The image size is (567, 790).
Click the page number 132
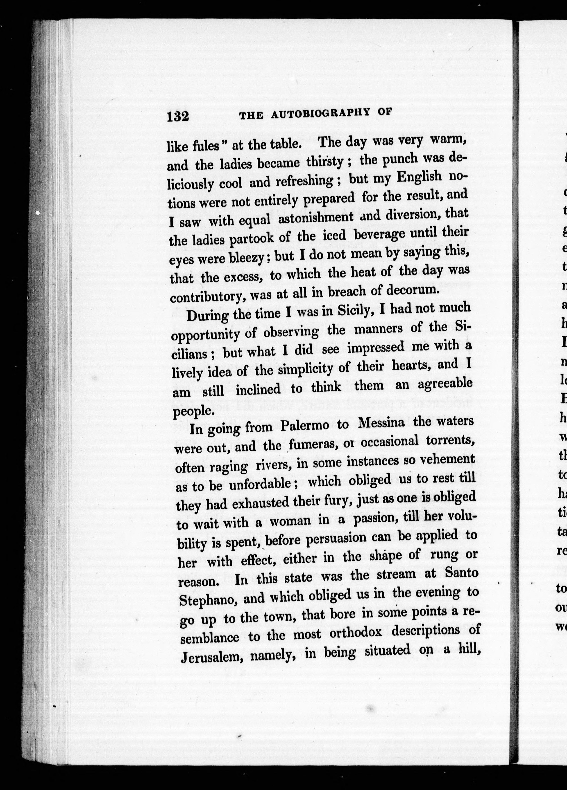point(178,116)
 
